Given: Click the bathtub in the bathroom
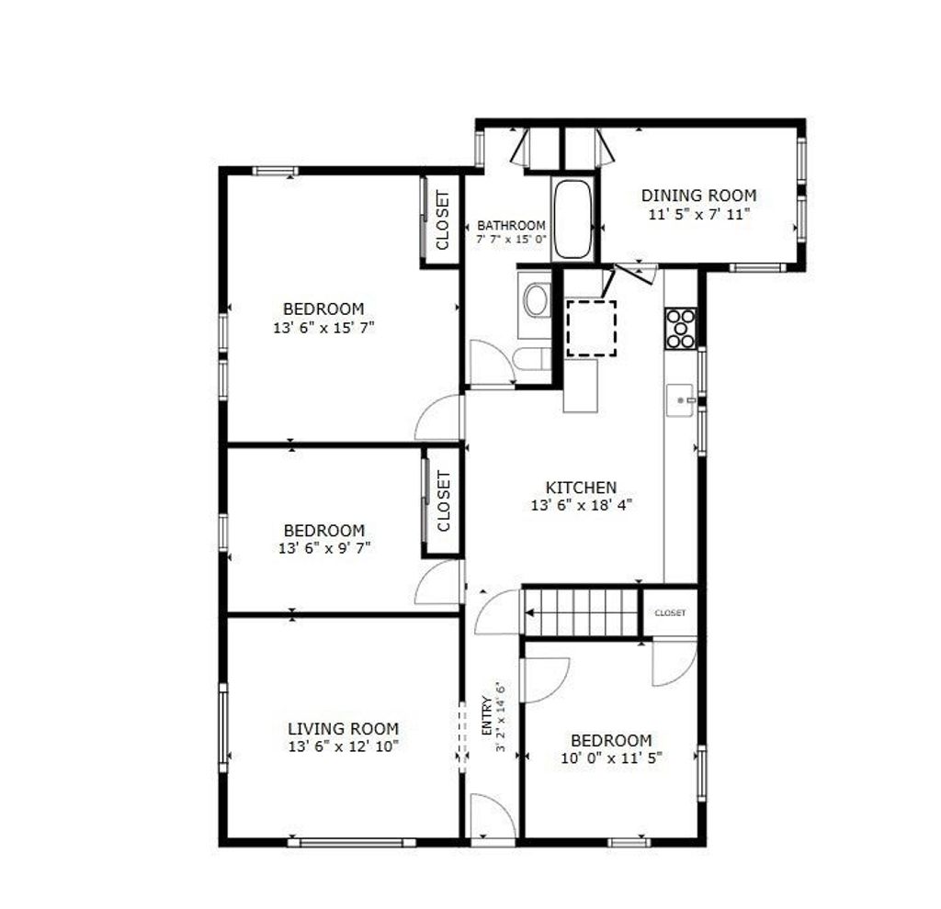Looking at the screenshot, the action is pos(572,219).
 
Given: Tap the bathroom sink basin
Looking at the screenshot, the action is pos(536,300).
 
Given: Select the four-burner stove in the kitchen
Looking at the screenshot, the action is pos(681,328).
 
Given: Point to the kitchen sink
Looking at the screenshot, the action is pos(680,400).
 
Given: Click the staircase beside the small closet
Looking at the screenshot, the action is pos(581,612).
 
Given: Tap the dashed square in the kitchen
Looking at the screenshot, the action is pos(591,329).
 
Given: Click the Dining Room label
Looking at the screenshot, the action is pos(698,196).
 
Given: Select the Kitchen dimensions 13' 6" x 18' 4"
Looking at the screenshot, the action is pos(582,506).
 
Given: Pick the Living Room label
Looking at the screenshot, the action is pos(344,728).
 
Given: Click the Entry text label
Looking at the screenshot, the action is pos(487,715).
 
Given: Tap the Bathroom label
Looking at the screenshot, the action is pos(511,226).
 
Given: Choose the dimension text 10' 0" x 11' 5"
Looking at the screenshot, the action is pos(611,757).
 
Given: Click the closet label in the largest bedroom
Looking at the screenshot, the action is pos(443,220).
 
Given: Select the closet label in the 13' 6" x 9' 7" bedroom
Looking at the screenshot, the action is pos(444,500).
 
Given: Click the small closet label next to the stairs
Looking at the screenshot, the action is pos(670,612).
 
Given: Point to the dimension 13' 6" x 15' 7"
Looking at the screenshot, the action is pos(324,328).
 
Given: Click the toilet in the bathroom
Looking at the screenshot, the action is pos(532,360).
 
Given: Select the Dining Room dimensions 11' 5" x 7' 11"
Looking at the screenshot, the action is pos(699,214).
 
